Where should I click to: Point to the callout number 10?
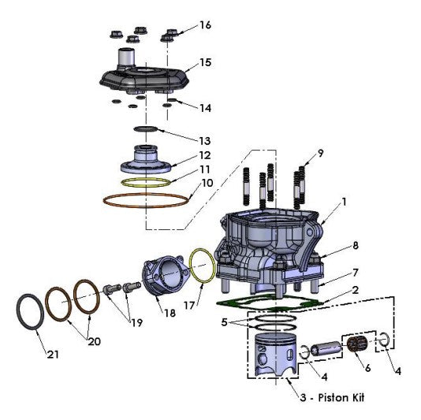[207, 183]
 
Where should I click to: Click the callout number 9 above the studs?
[321, 152]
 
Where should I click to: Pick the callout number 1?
[344, 202]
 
